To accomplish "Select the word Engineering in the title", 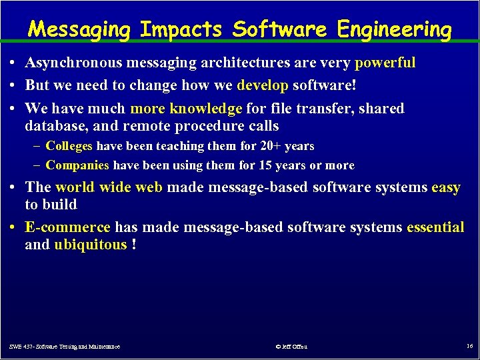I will [x=394, y=29].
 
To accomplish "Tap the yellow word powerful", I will [x=385, y=63].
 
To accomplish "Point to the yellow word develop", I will [x=263, y=85].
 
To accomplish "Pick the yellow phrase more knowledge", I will [x=186, y=108].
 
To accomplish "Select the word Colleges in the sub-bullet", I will [x=70, y=145].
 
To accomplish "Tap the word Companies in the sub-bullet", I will [x=78, y=165].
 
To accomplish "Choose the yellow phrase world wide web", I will [x=109, y=187].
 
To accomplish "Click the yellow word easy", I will [x=446, y=187].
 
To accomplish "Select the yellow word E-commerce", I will [x=67, y=227].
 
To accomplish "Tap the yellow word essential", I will [x=436, y=227].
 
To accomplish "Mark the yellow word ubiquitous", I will [x=90, y=245].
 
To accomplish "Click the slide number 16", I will [x=469, y=346].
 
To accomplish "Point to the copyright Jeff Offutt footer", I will [x=291, y=347].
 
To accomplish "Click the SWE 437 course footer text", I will [x=65, y=347].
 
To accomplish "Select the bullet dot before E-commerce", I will [x=13, y=227].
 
